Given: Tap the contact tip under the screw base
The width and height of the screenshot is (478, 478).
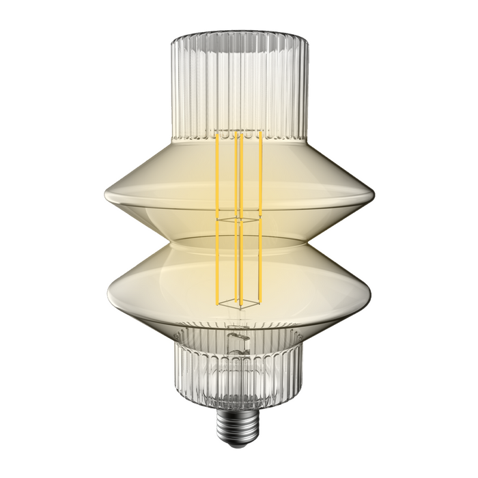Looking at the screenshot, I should pos(238,439).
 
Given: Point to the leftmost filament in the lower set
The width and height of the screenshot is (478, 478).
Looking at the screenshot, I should pos(217,263).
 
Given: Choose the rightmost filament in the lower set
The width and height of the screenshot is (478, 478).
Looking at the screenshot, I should pos(261,263).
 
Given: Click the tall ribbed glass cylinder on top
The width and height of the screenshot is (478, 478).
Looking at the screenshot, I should pos(238,75).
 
